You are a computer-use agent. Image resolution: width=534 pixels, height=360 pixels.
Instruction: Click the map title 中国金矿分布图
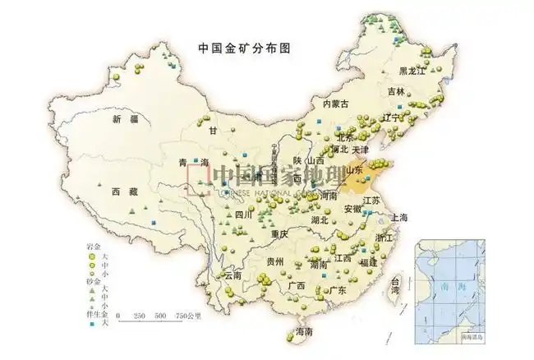pyautogui.click(x=244, y=48)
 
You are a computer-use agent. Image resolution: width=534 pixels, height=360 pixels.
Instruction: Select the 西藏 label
pyautogui.click(x=126, y=192)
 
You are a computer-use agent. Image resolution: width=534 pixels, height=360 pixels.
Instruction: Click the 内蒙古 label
pyautogui.click(x=335, y=104)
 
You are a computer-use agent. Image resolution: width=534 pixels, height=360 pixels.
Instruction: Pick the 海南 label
pyautogui.click(x=304, y=333)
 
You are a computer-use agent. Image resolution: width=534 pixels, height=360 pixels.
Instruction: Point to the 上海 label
pyautogui.click(x=400, y=217)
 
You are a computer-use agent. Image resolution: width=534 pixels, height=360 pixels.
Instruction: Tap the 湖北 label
pyautogui.click(x=320, y=219)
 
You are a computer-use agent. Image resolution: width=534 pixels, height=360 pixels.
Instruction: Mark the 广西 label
pyautogui.click(x=296, y=286)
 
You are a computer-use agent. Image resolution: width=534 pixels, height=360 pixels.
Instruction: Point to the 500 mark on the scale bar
pyautogui.click(x=161, y=316)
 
